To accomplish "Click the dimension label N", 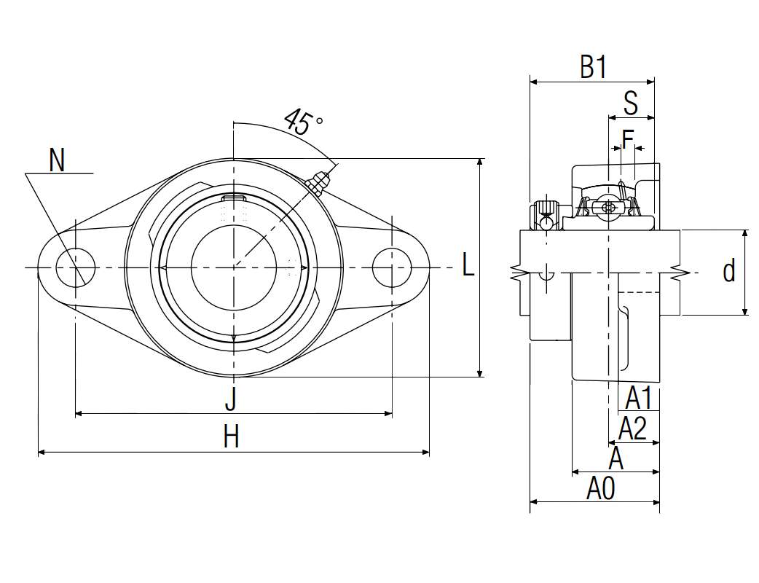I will coord(57,160).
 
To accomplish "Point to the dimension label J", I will coord(231,399).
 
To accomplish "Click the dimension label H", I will coord(231,438).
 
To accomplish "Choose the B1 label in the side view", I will coord(593,68).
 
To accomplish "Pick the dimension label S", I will coord(631,103).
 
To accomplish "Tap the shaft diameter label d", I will coord(729,271).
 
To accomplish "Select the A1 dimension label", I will coord(638,399).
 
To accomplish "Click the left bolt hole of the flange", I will coord(76,267).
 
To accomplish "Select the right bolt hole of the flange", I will coord(391,267).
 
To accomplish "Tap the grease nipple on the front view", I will coord(318,183).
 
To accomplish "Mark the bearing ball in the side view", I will coord(608,208).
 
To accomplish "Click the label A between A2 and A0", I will coord(616,459).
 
